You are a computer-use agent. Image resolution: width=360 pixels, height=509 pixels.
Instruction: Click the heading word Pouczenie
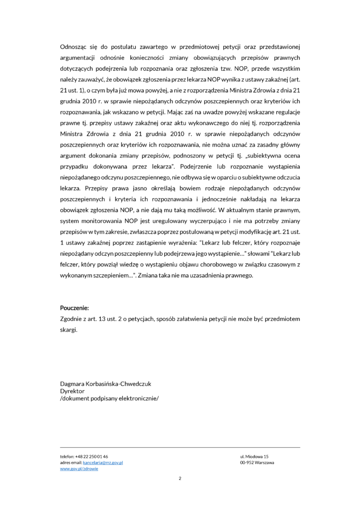[x=74, y=308]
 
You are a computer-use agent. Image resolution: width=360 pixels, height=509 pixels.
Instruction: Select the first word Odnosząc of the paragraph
[x=74, y=47]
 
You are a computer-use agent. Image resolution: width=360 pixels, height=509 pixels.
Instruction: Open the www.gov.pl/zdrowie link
[x=79, y=469]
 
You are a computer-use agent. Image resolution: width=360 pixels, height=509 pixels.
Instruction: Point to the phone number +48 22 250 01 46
[x=92, y=456]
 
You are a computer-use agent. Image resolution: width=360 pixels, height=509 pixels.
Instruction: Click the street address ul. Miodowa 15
[x=255, y=456]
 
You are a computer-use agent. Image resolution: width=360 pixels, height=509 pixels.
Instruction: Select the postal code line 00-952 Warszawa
[x=257, y=462]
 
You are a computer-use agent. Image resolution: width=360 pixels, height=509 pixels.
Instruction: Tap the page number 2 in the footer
[x=180, y=479]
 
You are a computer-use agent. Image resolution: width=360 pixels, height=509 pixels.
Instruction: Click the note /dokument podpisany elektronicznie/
[x=109, y=398]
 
